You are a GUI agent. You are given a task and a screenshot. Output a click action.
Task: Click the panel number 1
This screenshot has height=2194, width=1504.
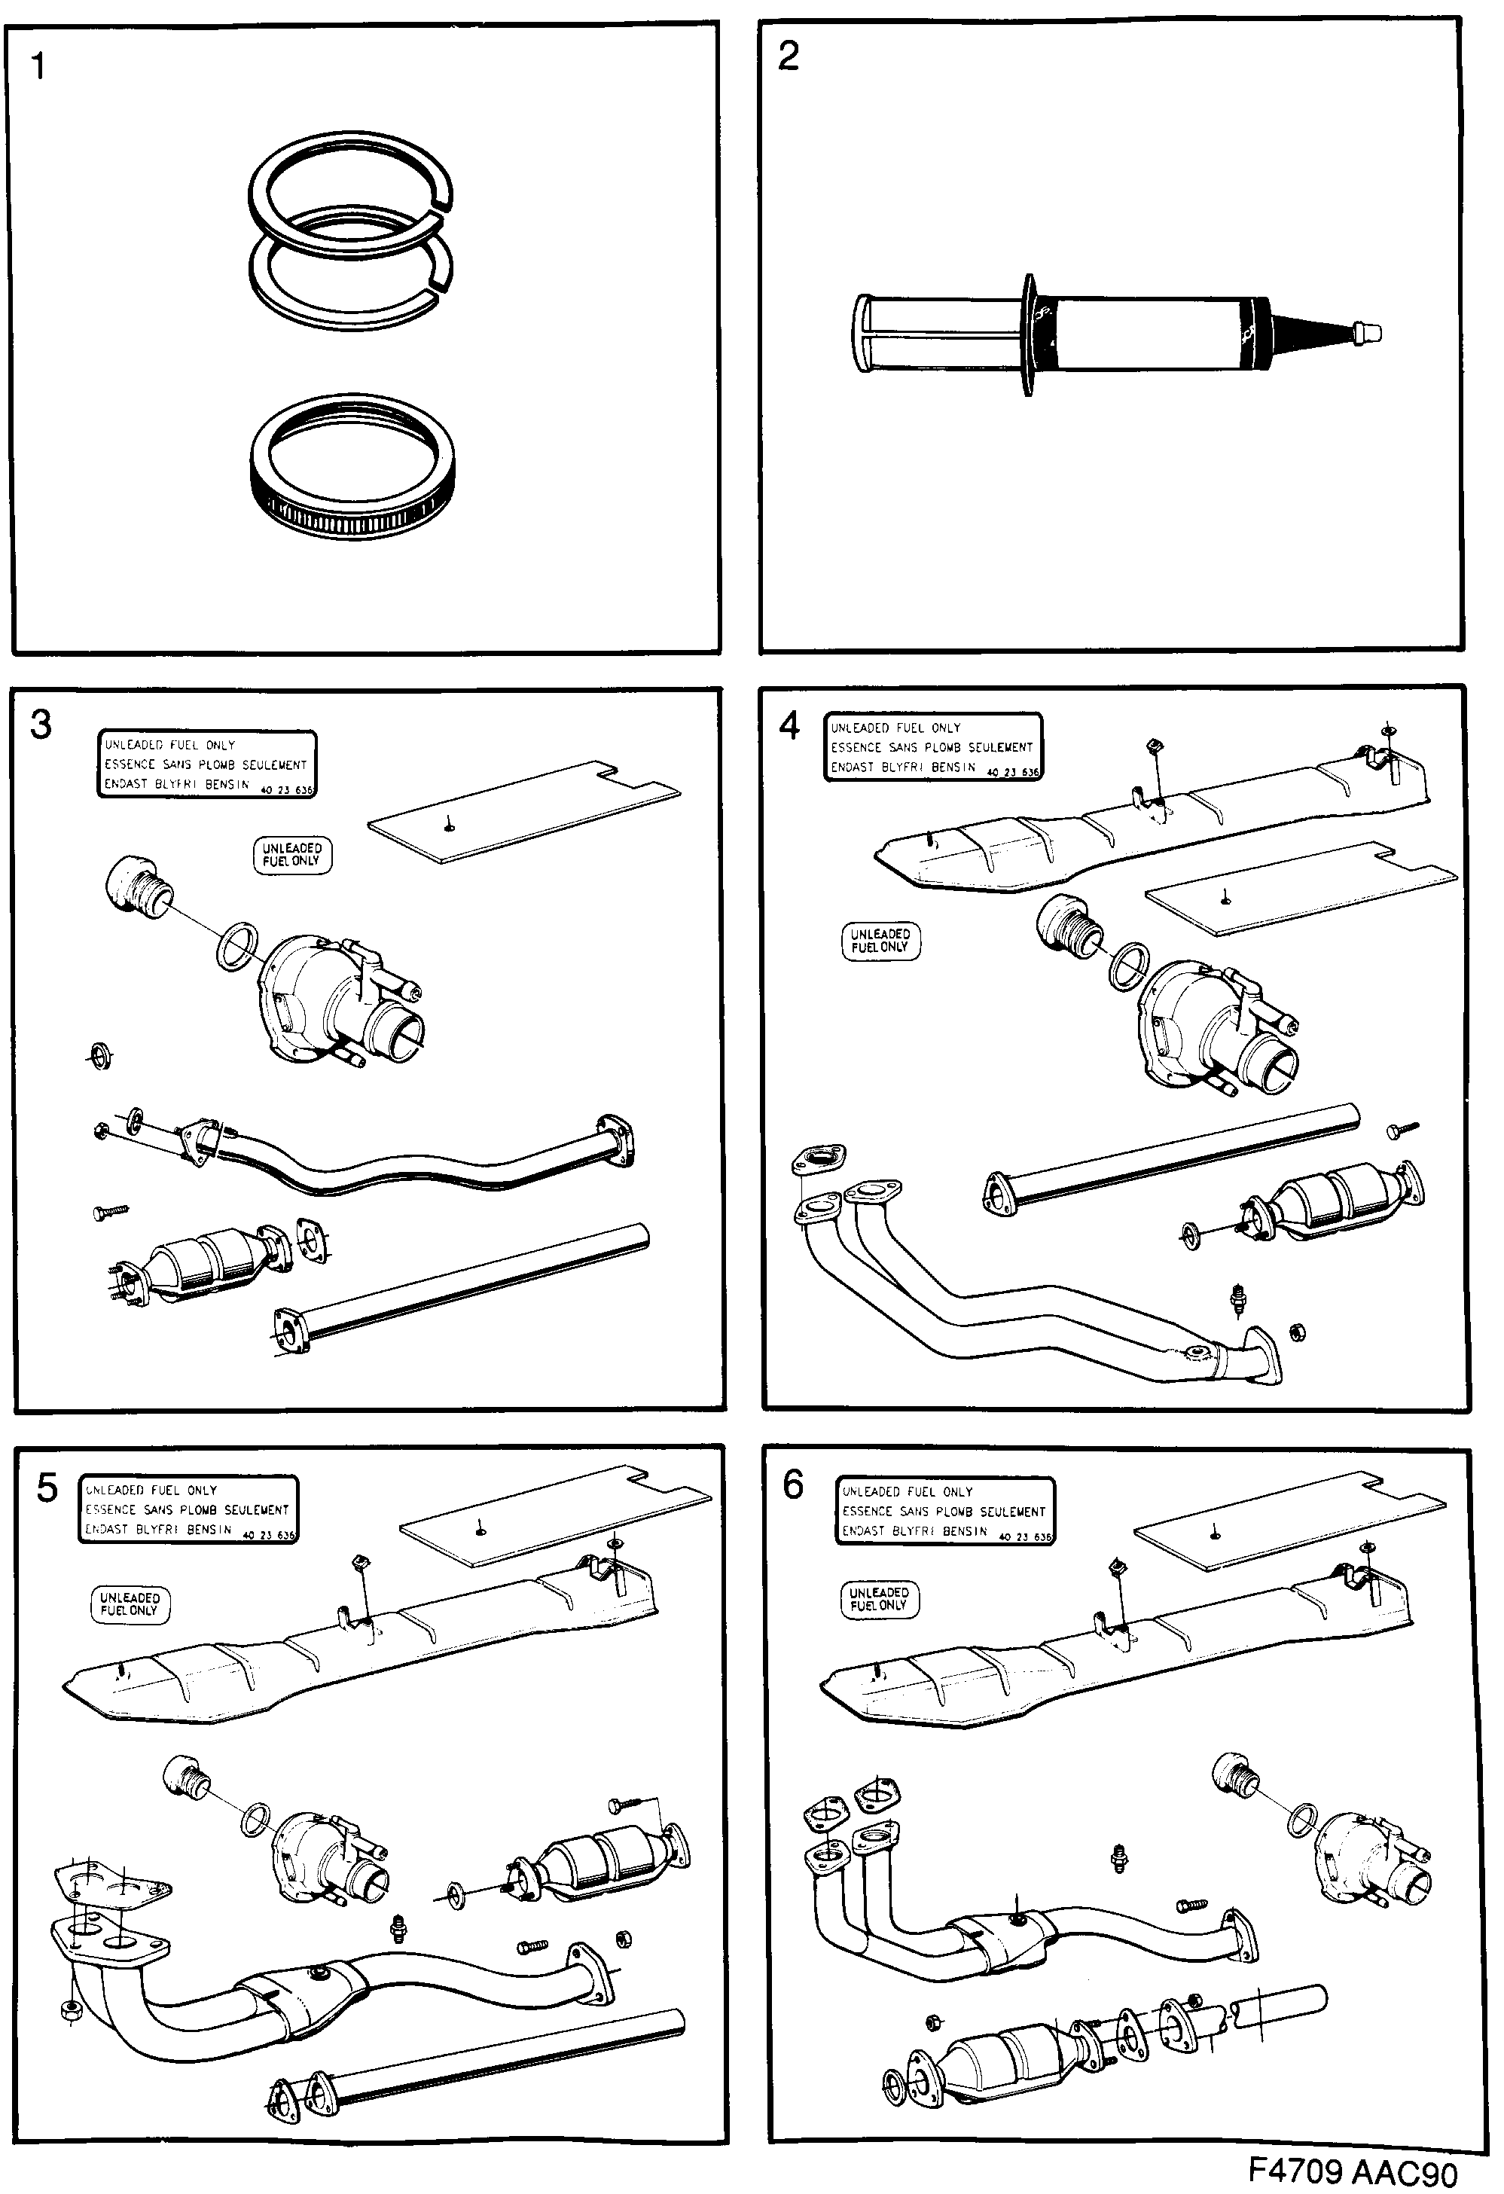coord(38,67)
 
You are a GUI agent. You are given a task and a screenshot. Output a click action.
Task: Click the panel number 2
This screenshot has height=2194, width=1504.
coord(789,56)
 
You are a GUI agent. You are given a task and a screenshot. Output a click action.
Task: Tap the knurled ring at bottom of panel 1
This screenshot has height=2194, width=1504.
coord(354,467)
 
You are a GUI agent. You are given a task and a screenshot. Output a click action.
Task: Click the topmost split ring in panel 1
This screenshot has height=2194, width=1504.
coord(349,194)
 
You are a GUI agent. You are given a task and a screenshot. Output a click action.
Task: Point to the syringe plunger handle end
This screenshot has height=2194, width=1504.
coord(864,333)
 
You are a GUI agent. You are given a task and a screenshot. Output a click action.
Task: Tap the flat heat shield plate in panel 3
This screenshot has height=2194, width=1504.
coord(524,812)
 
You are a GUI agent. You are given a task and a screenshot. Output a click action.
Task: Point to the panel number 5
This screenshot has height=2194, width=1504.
coord(47,1489)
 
